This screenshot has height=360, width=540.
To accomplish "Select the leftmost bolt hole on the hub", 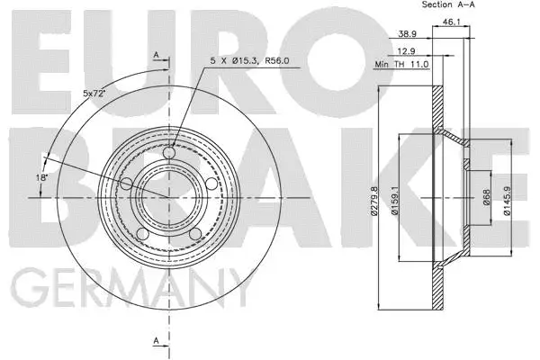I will click(126, 184).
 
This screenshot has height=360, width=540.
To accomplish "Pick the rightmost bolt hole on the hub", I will click(211, 184).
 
